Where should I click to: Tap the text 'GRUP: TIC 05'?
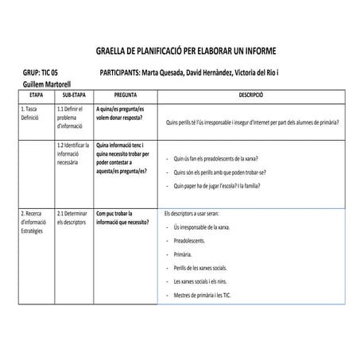pyautogui.click(x=43, y=72)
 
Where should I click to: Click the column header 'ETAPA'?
pyautogui.click(x=36, y=95)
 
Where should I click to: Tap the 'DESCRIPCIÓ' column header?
pyautogui.click(x=252, y=95)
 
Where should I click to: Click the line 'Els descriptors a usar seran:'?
pyautogui.click(x=195, y=214)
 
